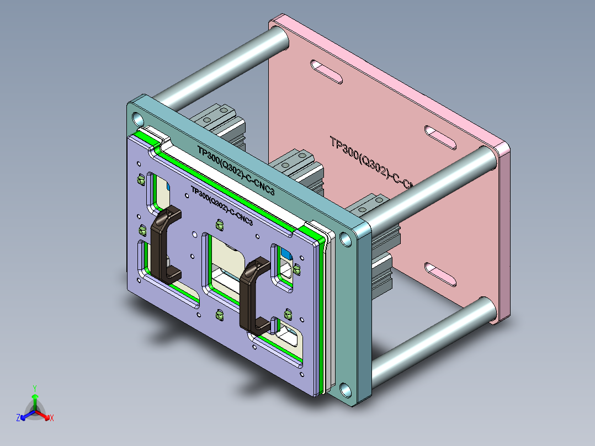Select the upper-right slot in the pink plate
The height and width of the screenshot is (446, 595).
click(x=440, y=137)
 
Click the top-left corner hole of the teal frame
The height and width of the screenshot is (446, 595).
click(x=137, y=118)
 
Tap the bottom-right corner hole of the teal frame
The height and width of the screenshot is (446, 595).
click(x=346, y=390)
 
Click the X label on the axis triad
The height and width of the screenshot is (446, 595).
click(x=52, y=418)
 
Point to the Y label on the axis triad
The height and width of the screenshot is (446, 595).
click(x=35, y=388)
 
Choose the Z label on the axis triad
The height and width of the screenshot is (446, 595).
click(x=18, y=418)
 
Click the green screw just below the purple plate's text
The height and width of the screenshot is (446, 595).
click(x=220, y=225)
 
